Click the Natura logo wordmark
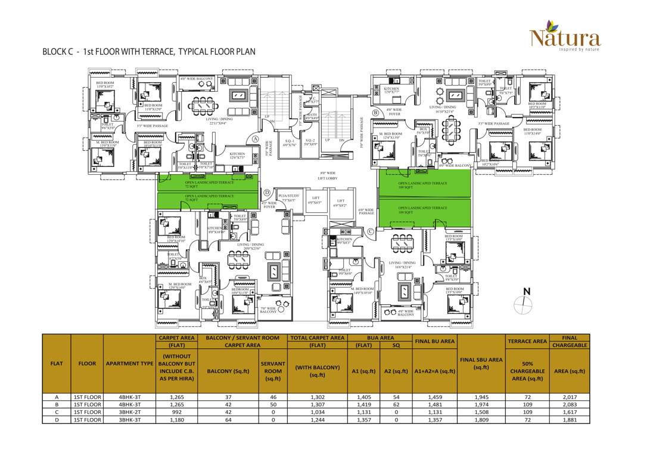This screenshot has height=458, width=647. pos(565,39)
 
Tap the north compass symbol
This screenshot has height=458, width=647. pos(522,302)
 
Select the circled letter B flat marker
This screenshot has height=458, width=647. pos(375,113)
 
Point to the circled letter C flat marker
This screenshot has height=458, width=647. pos(371,231)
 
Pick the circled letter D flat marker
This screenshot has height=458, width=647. pos(267,193)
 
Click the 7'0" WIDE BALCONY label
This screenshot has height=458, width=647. pos(269,310)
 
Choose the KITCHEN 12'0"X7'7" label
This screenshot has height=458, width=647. pos(391,90)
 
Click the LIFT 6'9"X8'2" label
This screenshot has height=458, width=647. pos(340,203)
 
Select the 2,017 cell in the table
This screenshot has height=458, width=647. pos(570,397)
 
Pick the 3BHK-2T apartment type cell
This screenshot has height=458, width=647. pos(129,412)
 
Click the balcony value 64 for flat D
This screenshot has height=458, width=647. pos(228,420)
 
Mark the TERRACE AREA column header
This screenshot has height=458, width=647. pos(527,341)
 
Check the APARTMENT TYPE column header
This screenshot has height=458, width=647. pos(129,364)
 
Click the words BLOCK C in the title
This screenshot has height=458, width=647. pos(58,52)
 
